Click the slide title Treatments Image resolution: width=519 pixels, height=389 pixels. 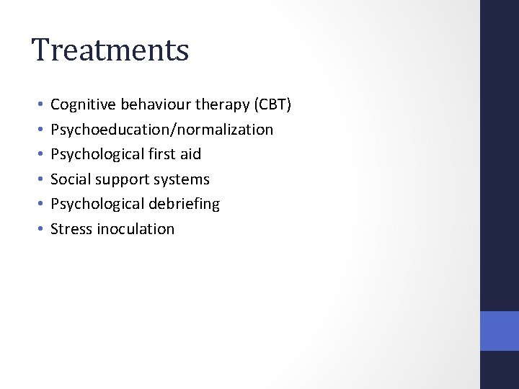tap(110, 50)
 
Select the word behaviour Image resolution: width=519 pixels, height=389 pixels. tap(151, 105)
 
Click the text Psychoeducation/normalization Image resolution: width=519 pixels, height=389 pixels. tap(161, 130)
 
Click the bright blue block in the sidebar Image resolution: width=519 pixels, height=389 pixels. tap(500, 331)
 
